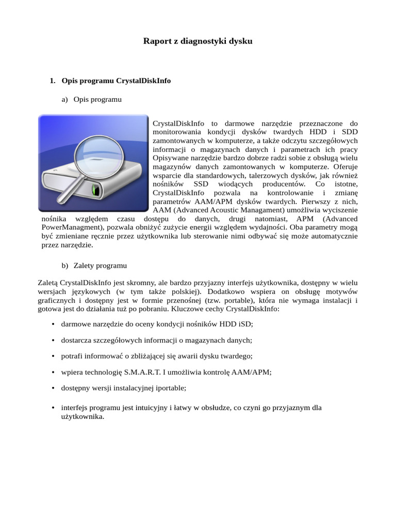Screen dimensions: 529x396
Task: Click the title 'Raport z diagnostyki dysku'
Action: click(x=197, y=41)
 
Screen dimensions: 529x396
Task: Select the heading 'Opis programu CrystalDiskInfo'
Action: click(x=116, y=81)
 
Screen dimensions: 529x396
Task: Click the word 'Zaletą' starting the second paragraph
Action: click(x=48, y=283)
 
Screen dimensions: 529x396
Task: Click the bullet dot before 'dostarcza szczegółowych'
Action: click(x=54, y=340)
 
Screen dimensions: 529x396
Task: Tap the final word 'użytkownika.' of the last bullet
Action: click(x=82, y=416)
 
